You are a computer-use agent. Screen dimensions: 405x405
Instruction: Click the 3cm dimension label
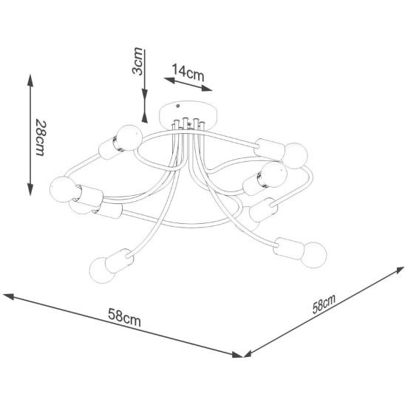(x=137, y=61)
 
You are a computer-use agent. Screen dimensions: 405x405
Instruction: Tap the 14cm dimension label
(x=188, y=73)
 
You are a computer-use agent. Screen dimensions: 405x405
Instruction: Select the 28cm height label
(x=41, y=137)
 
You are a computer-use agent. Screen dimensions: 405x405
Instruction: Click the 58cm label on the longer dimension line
(x=124, y=318)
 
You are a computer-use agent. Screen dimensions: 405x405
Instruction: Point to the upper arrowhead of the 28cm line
(x=30, y=80)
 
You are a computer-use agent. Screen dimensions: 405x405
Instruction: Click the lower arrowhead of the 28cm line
(x=30, y=189)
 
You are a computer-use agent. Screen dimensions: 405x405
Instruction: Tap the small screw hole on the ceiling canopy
(x=177, y=106)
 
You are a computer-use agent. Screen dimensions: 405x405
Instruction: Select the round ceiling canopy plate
(x=188, y=115)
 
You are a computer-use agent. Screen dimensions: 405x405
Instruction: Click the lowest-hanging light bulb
(x=102, y=270)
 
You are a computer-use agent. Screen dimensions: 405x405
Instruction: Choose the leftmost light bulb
(x=63, y=189)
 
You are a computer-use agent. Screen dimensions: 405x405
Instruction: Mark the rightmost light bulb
(x=314, y=255)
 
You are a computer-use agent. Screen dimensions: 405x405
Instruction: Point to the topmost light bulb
(x=129, y=137)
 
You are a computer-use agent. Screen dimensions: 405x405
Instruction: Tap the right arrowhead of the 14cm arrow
(x=207, y=89)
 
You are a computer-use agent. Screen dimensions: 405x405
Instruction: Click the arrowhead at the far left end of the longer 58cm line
(x=8, y=296)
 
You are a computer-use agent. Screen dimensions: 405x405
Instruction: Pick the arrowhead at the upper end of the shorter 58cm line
(x=398, y=270)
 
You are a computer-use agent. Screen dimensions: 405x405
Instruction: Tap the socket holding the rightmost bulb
(x=289, y=248)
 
